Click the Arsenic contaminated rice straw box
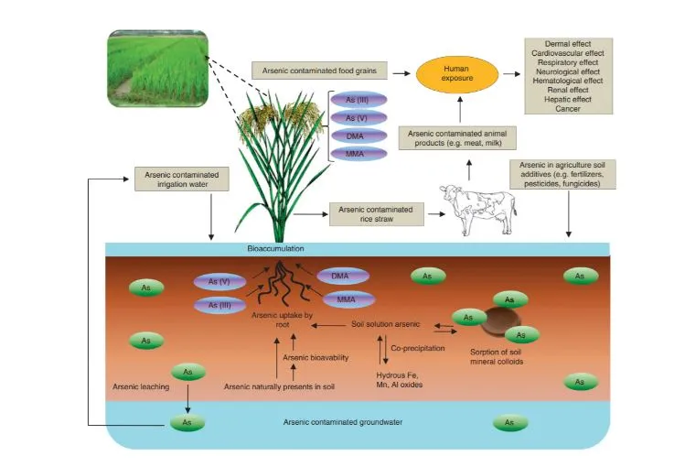click(375, 214)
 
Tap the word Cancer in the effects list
click(568, 109)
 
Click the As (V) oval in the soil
click(219, 283)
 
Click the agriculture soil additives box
click(568, 172)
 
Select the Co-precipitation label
click(416, 348)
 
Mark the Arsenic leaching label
click(143, 387)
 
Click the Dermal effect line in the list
click(568, 44)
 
